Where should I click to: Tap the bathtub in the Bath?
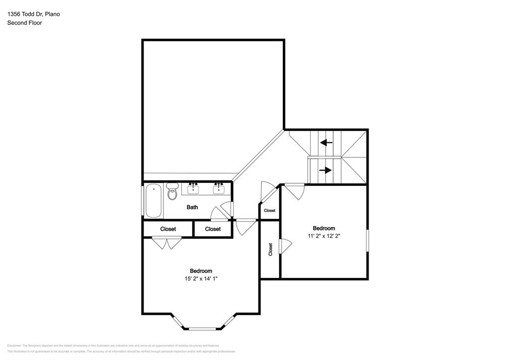click(153, 201)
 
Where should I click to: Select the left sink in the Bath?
click(193, 188)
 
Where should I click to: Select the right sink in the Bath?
click(218, 188)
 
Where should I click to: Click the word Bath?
click(192, 207)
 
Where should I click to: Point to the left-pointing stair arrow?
click(326, 143)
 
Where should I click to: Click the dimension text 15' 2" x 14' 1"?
click(201, 279)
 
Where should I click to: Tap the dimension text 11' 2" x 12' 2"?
click(324, 236)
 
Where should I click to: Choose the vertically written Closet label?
click(270, 249)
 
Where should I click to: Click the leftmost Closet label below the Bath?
click(168, 229)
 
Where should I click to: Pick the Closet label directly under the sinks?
click(213, 229)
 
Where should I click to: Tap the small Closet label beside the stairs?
click(269, 211)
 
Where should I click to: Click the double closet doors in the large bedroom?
click(166, 243)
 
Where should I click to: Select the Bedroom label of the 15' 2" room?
click(201, 271)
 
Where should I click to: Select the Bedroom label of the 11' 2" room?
click(324, 228)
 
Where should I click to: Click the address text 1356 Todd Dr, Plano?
click(33, 14)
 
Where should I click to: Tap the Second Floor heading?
click(24, 23)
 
